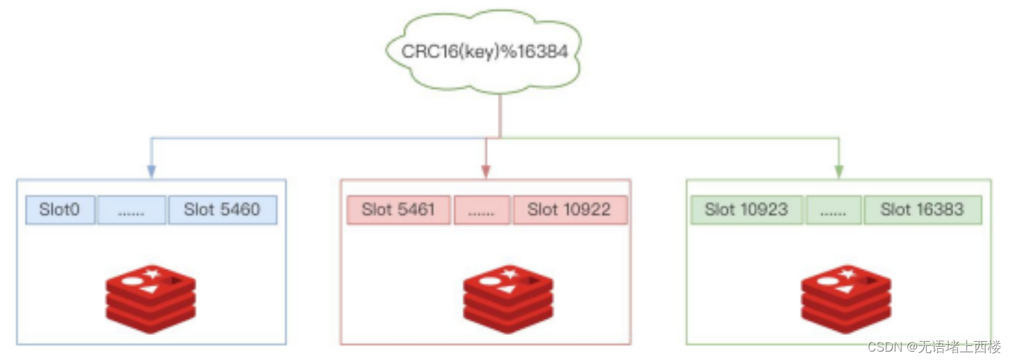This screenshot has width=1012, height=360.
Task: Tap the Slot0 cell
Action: [x=61, y=209]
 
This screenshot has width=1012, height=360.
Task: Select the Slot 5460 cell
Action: [x=222, y=209]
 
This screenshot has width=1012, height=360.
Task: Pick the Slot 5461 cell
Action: [x=399, y=209]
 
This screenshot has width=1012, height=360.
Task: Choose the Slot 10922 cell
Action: [x=570, y=209]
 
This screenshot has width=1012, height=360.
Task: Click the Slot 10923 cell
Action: [x=746, y=209]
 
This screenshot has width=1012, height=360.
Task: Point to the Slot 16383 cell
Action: [x=922, y=209]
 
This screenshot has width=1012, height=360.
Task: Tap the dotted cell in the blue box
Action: [x=131, y=209]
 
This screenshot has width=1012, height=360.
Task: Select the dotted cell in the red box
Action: [x=482, y=209]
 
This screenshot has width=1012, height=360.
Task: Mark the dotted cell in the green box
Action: [x=833, y=209]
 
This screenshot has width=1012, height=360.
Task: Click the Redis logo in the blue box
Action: [x=151, y=299]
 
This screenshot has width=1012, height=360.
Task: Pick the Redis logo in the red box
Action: [x=508, y=299]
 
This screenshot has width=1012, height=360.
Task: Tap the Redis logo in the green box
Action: [x=846, y=299]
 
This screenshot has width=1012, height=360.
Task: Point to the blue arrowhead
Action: [x=151, y=172]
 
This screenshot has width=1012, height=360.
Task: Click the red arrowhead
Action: [x=486, y=172]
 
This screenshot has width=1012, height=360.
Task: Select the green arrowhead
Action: [x=839, y=172]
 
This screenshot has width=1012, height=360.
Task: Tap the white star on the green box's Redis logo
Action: [x=847, y=273]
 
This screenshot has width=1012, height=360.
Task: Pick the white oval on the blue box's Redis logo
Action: [x=133, y=281]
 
